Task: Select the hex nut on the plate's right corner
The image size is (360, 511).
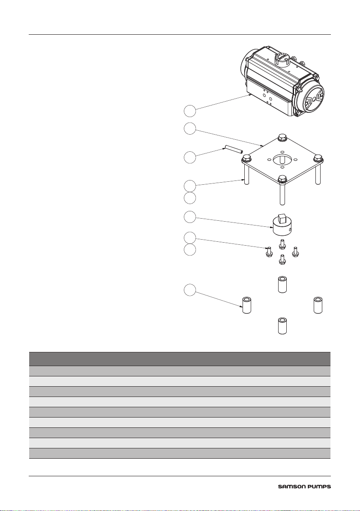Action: click(x=318, y=158)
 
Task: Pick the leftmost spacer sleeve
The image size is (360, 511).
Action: click(x=246, y=305)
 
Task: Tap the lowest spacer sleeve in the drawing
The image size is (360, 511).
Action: click(x=282, y=326)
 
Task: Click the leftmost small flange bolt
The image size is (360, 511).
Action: click(x=269, y=252)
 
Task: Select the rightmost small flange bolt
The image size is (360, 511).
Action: click(x=295, y=252)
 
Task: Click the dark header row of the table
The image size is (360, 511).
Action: click(x=180, y=358)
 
